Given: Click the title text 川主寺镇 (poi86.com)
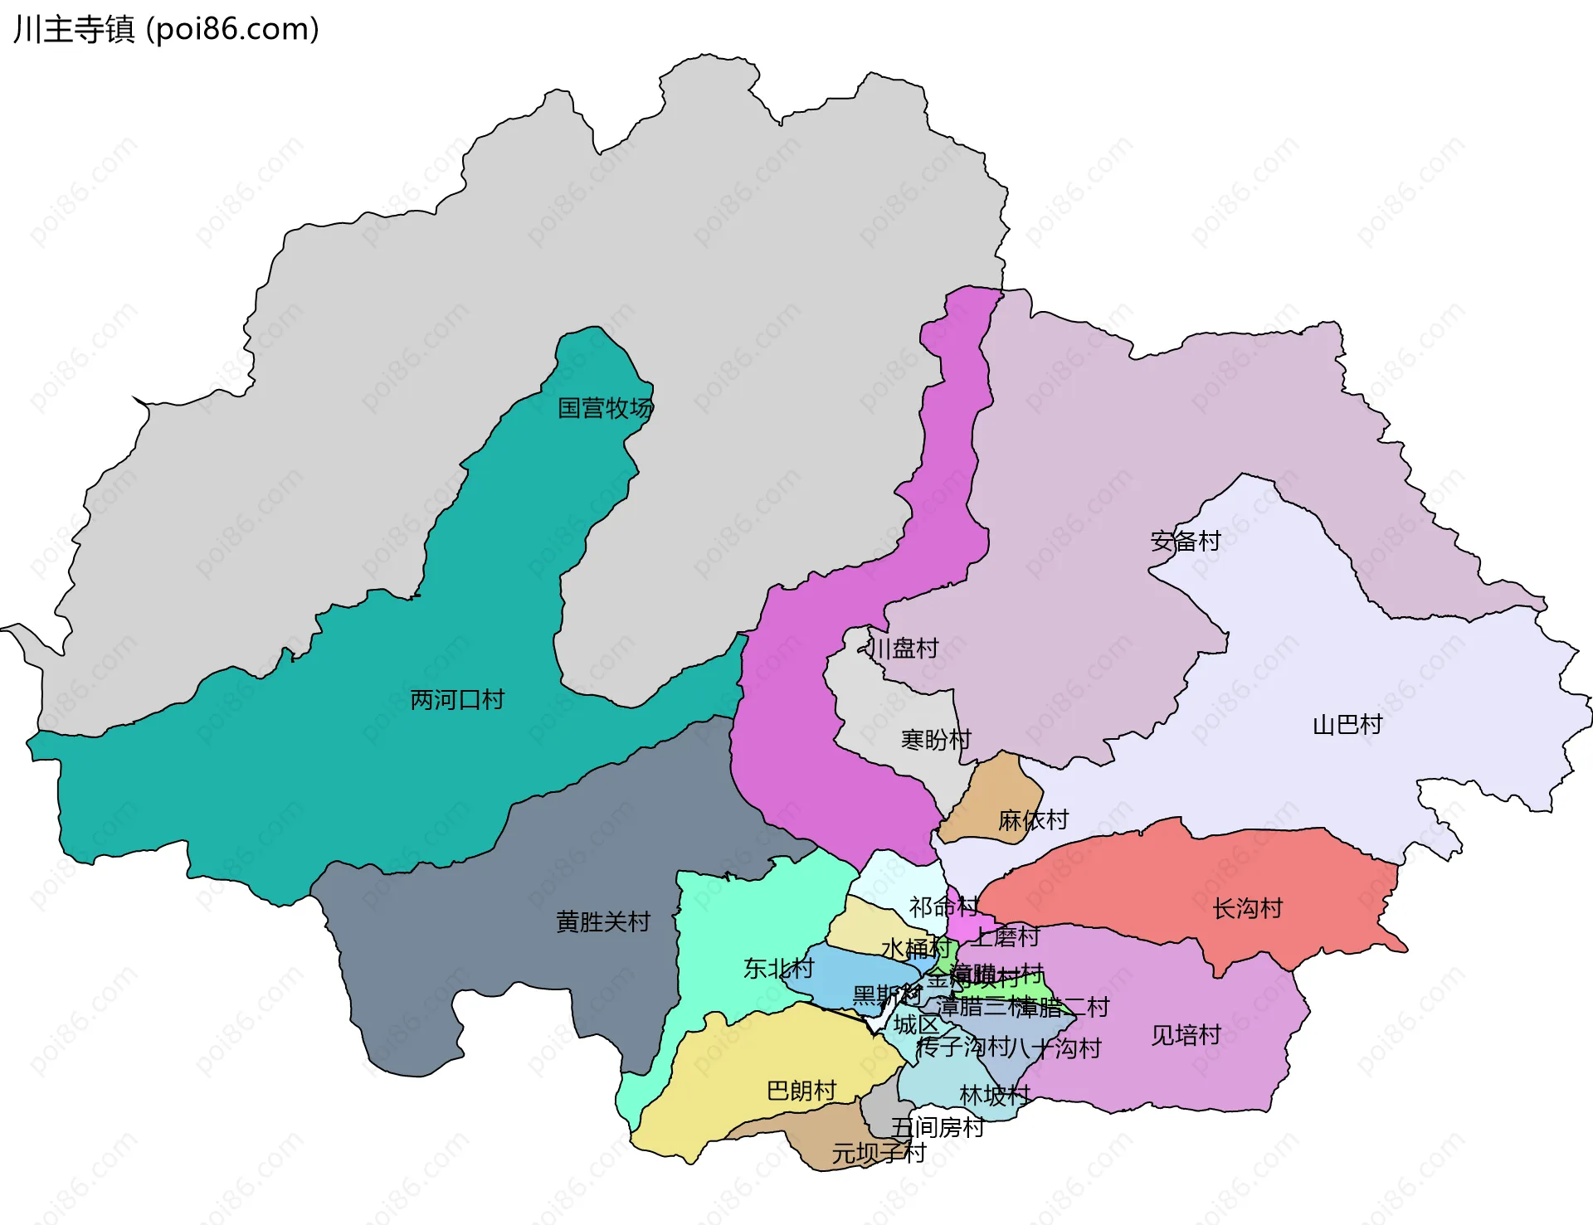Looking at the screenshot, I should (166, 30).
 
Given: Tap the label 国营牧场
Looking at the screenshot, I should (605, 408).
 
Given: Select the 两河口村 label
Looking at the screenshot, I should (457, 700).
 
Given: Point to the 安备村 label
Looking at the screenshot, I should (1186, 542).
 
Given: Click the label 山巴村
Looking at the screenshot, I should (1347, 725).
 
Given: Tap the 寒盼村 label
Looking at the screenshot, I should (936, 740).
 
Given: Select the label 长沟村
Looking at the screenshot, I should (1248, 909).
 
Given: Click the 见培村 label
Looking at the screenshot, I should (1186, 1035).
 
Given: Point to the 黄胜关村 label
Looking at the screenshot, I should (603, 922).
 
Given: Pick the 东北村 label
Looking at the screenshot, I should (778, 968).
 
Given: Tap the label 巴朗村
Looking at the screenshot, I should (801, 1091).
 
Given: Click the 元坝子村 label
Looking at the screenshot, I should (879, 1153).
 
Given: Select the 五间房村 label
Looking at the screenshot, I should (938, 1127).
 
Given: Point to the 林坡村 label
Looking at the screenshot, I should (994, 1096).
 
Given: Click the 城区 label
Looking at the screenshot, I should (916, 1025).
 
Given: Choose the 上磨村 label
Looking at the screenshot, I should (1006, 937).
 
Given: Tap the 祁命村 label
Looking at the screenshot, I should (943, 907).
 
